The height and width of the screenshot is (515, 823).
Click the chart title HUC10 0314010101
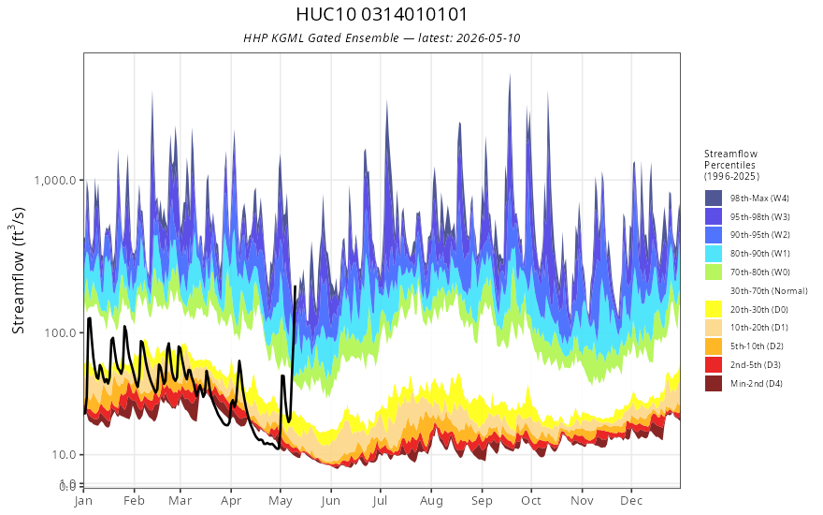click(382, 14)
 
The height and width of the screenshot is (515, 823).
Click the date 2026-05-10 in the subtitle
click(488, 37)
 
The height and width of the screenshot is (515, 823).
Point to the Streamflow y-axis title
click(19, 271)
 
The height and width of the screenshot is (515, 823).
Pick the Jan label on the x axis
click(83, 501)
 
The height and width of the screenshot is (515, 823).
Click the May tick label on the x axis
click(281, 501)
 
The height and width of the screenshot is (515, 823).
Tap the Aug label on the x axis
click(431, 501)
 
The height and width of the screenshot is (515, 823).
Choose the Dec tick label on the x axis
click(631, 501)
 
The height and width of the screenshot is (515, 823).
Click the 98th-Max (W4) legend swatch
click(714, 199)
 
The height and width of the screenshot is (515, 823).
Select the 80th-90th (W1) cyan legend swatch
click(714, 254)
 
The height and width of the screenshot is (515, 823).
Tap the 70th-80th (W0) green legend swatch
click(714, 272)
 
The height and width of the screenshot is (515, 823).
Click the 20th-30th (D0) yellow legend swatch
click(714, 309)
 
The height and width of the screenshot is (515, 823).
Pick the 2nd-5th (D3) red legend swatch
click(714, 364)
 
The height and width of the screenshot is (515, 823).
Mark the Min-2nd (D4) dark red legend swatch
click(714, 383)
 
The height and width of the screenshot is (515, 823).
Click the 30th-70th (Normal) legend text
click(769, 290)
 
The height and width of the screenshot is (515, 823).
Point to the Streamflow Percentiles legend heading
click(731, 165)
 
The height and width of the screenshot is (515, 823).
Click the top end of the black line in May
click(295, 287)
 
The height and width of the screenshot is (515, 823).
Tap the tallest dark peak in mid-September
click(510, 75)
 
